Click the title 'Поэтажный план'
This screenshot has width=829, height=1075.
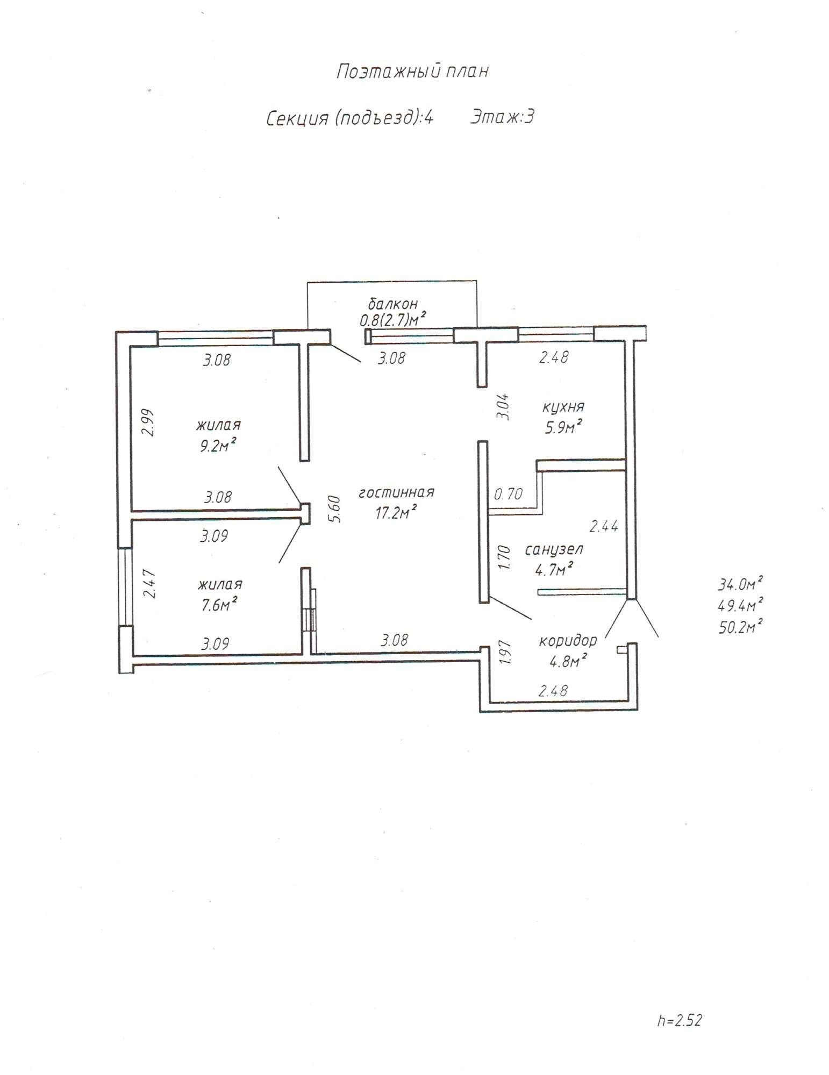pos(412,71)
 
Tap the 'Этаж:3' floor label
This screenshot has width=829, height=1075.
pos(502,117)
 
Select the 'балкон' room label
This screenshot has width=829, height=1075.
pos(393,304)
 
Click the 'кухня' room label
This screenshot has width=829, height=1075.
pos(563,406)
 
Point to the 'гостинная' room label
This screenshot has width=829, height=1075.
pos(397,492)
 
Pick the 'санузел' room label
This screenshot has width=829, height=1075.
pos(554,549)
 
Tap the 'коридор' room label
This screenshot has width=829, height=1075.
pos(568,641)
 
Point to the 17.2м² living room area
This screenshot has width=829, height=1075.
pos(396,512)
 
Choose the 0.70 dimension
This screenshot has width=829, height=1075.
pos(508,493)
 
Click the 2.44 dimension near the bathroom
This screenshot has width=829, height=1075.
pos(604,526)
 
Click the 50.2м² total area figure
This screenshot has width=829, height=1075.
pos(741,626)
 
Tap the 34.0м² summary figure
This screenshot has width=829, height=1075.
pos(741,583)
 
